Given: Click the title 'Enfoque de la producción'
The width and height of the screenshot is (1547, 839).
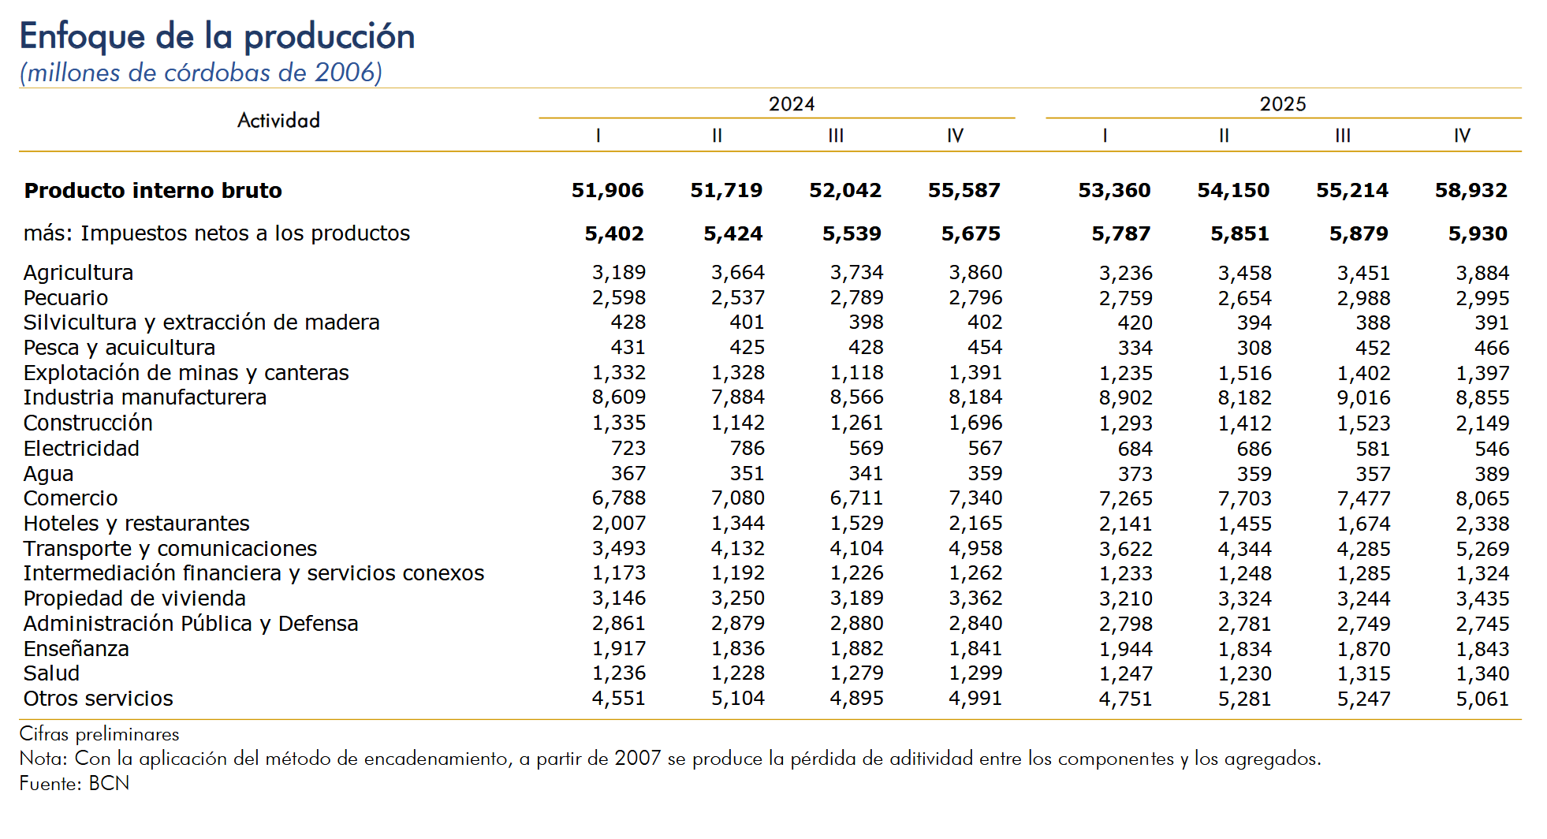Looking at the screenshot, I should pyautogui.click(x=217, y=36).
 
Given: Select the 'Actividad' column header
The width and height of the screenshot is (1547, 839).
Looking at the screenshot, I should pyautogui.click(x=278, y=121).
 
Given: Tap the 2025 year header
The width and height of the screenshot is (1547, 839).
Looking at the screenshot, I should pyautogui.click(x=1282, y=104).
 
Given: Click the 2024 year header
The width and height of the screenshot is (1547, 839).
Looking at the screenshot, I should pyautogui.click(x=791, y=104).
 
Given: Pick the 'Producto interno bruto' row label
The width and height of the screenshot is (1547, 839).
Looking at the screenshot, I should pyautogui.click(x=153, y=191).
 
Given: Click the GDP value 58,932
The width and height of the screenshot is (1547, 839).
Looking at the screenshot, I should pyautogui.click(x=1471, y=191).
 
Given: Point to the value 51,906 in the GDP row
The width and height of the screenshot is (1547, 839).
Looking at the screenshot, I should pyautogui.click(x=607, y=191).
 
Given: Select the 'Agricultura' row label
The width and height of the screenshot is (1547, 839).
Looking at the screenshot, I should pyautogui.click(x=78, y=273).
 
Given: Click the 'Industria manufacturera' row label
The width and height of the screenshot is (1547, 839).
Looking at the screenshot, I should pyautogui.click(x=145, y=397).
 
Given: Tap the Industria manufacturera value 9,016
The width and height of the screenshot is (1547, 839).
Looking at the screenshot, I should pyautogui.click(x=1363, y=398).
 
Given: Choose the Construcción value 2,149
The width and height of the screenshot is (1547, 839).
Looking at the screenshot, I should pyautogui.click(x=1482, y=423).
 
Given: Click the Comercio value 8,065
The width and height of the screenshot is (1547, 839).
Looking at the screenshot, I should pyautogui.click(x=1482, y=498).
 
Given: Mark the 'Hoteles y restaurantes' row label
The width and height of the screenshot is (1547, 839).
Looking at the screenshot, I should pyautogui.click(x=136, y=524).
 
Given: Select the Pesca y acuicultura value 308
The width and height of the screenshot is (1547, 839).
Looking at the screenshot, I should pyautogui.click(x=1254, y=348).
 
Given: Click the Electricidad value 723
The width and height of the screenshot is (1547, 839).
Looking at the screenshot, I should pyautogui.click(x=628, y=449).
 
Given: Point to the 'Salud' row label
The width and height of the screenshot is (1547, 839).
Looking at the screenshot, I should pyautogui.click(x=51, y=673).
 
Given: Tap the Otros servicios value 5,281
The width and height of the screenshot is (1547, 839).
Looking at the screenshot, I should pyautogui.click(x=1244, y=699).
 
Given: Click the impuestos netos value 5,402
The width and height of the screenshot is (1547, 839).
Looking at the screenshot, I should pyautogui.click(x=613, y=234).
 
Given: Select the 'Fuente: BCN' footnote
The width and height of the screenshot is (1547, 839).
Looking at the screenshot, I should pyautogui.click(x=74, y=783).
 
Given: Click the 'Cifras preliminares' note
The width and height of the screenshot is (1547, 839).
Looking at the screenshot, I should pyautogui.click(x=99, y=734).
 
